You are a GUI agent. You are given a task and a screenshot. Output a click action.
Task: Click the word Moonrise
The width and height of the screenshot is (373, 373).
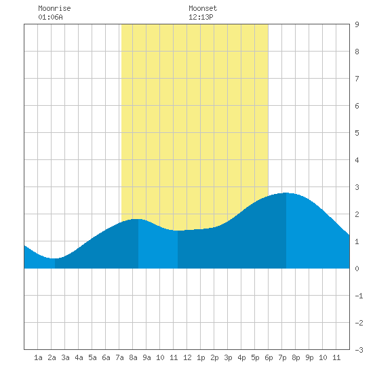pos(54,8)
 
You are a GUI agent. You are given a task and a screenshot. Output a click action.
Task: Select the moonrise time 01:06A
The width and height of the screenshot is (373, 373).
pos(50,17)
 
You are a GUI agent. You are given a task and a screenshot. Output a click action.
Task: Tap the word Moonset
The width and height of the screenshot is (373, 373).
pos(203,8)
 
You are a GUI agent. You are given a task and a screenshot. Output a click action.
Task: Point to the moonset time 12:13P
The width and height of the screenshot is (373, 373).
pos(201,17)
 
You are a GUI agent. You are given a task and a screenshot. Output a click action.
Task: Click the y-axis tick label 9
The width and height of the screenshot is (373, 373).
pos(357,24)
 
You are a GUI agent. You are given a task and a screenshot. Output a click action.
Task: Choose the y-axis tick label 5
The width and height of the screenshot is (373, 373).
pos(357,133)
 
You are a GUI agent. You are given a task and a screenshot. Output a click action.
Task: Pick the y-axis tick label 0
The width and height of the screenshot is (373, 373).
pos(357,269)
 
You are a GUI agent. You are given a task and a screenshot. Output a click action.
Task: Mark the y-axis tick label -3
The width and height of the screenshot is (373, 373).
pos(359,350)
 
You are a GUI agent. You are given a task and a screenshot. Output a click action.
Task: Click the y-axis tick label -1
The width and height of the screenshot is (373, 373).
pos(359,296)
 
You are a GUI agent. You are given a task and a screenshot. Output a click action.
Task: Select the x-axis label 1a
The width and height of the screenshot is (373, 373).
pos(38,357)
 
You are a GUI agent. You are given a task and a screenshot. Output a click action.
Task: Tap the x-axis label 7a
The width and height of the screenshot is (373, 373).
pos(119,357)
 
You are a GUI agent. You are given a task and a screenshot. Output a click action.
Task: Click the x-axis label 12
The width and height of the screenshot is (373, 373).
pos(187,357)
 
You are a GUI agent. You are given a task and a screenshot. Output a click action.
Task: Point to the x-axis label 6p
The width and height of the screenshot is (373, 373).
pos(269,357)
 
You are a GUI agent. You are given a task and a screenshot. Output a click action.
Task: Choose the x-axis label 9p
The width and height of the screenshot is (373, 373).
pos(309,357)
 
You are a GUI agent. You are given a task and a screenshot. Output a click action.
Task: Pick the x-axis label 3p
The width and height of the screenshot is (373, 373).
pos(228,357)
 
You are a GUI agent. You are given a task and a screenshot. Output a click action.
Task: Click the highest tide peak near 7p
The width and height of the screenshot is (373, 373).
pos(286,193)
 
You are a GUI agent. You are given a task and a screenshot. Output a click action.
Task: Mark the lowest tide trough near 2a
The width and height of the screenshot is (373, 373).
pos(55,258)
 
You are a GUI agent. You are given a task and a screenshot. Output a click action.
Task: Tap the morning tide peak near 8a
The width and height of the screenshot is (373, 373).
pos(138,219)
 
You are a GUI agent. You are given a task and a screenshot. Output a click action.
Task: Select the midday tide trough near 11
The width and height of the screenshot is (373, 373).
pos(178,231)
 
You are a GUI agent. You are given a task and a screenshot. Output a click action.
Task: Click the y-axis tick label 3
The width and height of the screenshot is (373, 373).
pos(357,187)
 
